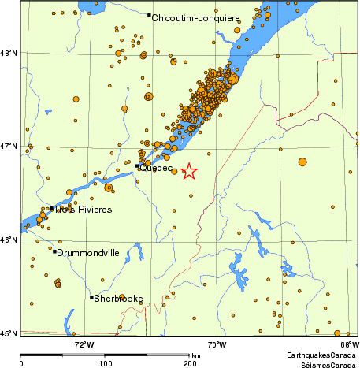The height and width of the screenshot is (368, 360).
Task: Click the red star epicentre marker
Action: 189,171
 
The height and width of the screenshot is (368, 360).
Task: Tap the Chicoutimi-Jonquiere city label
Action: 186,17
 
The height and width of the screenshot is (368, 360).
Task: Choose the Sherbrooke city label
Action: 118,299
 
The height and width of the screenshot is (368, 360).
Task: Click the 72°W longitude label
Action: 84,344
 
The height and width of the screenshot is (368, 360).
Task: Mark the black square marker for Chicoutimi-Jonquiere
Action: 149,15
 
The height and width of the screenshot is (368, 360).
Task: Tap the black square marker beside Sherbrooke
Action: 91,298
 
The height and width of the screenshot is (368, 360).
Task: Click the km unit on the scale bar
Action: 195,356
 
